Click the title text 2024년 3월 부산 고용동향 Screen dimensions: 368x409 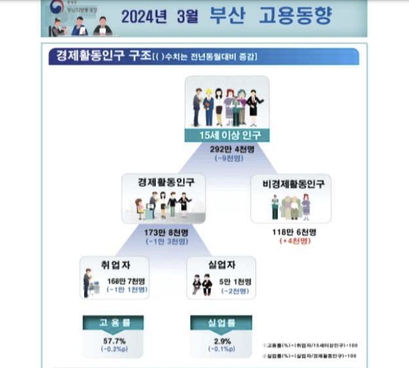pos(226,17)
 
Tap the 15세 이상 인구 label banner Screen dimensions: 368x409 pos(227,136)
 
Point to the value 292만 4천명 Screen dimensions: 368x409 pos(227,148)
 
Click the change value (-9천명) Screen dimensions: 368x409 pos(227,158)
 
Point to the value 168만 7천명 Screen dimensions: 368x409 pos(127,282)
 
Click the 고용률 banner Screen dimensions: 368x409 pos(112,324)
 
